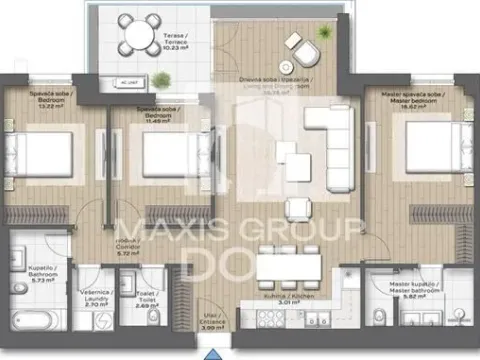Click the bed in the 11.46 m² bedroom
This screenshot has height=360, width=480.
point(163,154)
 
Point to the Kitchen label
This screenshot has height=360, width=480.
point(289,302)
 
